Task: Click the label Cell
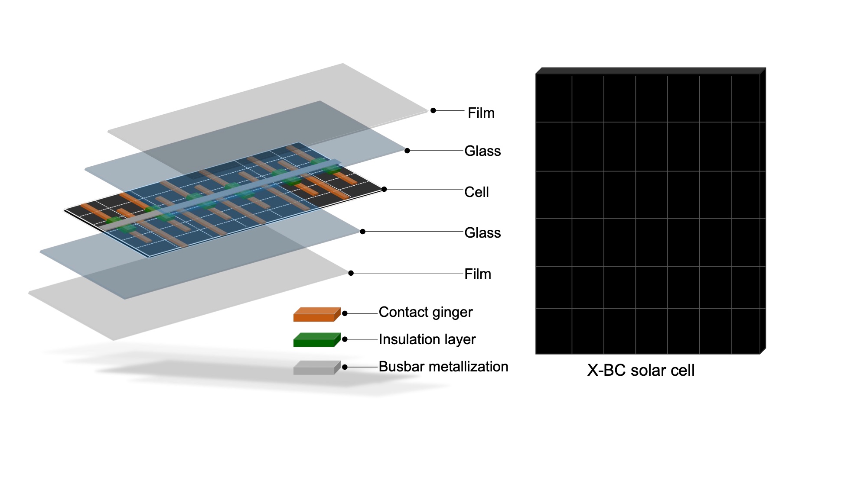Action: tap(476, 192)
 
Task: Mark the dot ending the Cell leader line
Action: tap(384, 189)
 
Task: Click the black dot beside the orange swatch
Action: tap(345, 313)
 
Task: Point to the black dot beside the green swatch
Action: tap(345, 339)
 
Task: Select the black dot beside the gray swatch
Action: tap(345, 367)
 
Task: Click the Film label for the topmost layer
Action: tap(481, 113)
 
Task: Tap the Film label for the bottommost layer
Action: tap(478, 274)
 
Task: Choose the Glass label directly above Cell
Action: tap(482, 151)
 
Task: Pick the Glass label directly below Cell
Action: tap(482, 233)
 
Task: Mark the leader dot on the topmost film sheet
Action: tap(433, 110)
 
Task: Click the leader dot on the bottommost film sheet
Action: tap(351, 273)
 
